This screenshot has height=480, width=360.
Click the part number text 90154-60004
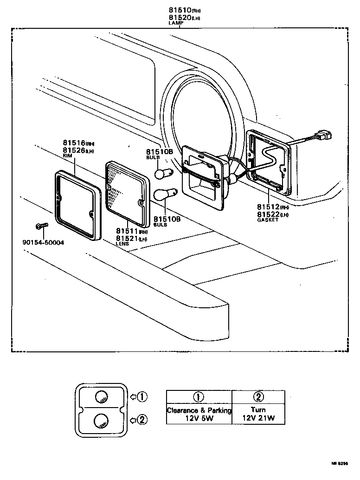43,242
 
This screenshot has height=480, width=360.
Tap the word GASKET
268,220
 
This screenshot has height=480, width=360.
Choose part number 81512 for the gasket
270,207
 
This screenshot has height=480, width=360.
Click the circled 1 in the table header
199,396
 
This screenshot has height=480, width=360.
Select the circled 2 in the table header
258,396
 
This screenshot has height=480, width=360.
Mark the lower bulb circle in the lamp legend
101,421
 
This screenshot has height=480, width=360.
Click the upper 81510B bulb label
159,152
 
